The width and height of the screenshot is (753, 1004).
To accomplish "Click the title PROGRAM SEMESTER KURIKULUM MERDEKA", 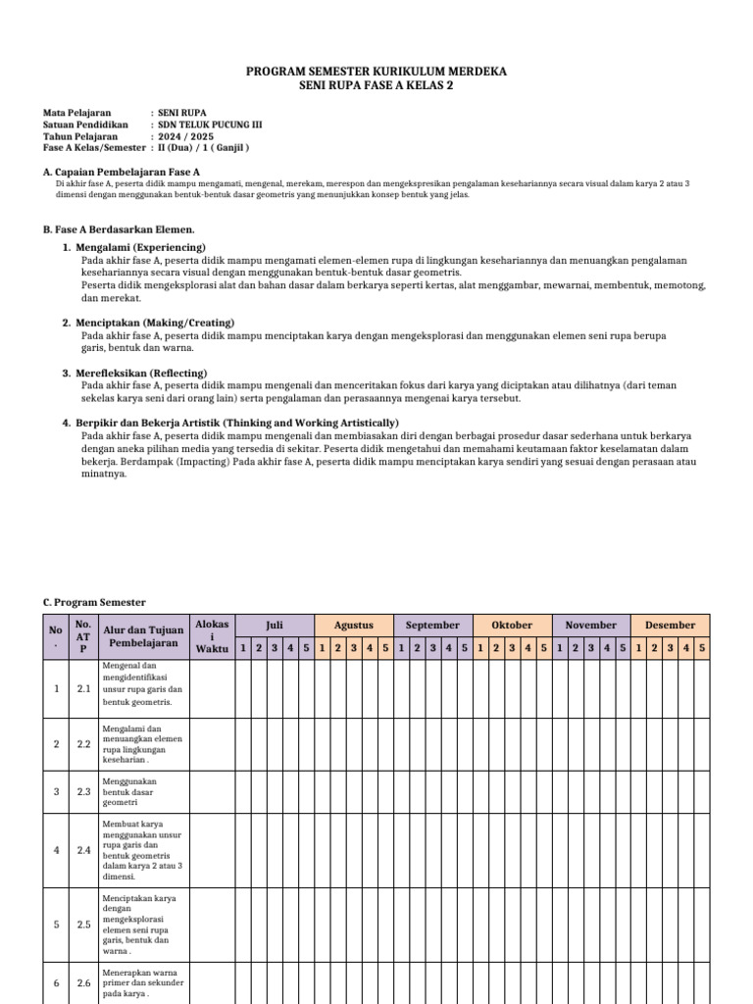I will pyautogui.click(x=376, y=73).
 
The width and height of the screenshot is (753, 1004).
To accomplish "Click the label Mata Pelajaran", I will pyautogui.click(x=77, y=114).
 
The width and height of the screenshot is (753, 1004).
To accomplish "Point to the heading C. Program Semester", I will pyautogui.click(x=94, y=602).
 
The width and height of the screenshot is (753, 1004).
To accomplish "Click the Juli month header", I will pyautogui.click(x=275, y=625).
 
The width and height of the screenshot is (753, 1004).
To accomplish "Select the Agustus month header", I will pyautogui.click(x=354, y=625).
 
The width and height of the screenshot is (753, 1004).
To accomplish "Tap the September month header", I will pyautogui.click(x=432, y=625).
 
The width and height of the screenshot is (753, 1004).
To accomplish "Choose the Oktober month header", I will pyautogui.click(x=512, y=625).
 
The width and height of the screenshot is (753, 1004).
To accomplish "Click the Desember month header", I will pyautogui.click(x=670, y=625).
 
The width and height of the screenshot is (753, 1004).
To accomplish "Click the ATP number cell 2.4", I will pyautogui.click(x=83, y=850).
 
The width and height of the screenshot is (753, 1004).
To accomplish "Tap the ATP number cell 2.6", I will pyautogui.click(x=83, y=983).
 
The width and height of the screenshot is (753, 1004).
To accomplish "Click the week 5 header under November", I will pyautogui.click(x=623, y=648).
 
